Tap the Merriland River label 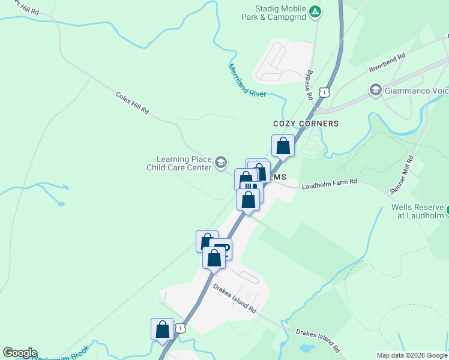coord(247,80)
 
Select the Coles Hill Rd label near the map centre coord(131,103)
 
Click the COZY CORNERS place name coord(306,124)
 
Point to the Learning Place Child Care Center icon coord(221,162)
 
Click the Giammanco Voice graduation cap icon coord(376,91)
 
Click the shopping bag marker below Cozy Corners coord(283,145)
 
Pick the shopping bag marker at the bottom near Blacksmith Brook coord(162,329)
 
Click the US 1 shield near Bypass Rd coord(324,92)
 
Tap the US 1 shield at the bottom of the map coord(180,328)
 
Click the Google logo coord(20,353)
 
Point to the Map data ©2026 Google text coord(411,355)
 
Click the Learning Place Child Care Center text coord(179,163)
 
